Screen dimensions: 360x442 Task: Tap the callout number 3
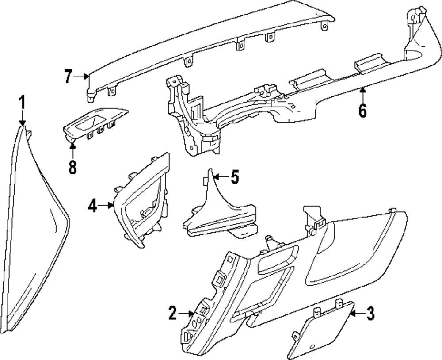click(x=370, y=314)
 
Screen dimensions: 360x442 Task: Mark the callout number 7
click(x=68, y=76)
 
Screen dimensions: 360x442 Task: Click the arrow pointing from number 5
click(x=220, y=177)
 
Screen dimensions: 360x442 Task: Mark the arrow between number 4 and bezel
click(x=107, y=205)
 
